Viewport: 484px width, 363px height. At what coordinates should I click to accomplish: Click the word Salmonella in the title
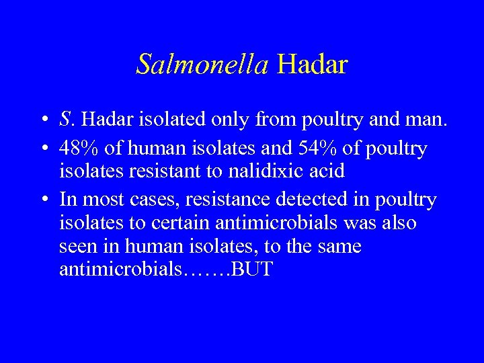[202, 65]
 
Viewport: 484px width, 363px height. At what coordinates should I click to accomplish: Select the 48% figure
[79, 149]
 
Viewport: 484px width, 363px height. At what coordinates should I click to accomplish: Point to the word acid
[325, 171]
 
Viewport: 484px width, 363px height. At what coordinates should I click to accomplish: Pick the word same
[339, 247]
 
